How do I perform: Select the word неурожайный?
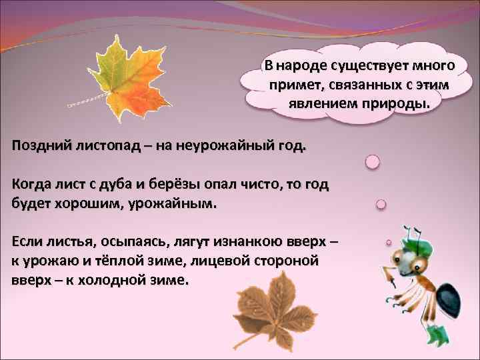tap(226, 146)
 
